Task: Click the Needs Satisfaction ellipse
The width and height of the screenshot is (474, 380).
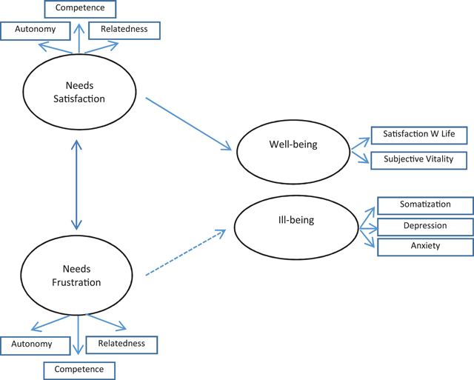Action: pos(79,93)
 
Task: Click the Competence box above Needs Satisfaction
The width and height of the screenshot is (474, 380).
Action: pos(79,9)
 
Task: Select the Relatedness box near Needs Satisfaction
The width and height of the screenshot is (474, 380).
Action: pos(123,30)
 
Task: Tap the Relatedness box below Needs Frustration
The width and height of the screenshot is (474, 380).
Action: pos(121,344)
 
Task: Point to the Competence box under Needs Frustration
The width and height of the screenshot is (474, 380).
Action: pos(79,368)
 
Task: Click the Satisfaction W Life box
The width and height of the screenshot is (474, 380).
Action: pos(420,136)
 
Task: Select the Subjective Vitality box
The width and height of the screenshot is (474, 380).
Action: pos(419,159)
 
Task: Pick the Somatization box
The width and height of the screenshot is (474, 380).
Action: pos(425,205)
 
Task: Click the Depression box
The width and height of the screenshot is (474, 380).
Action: pos(425,226)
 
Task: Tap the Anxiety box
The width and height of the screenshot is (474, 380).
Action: pos(425,247)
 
